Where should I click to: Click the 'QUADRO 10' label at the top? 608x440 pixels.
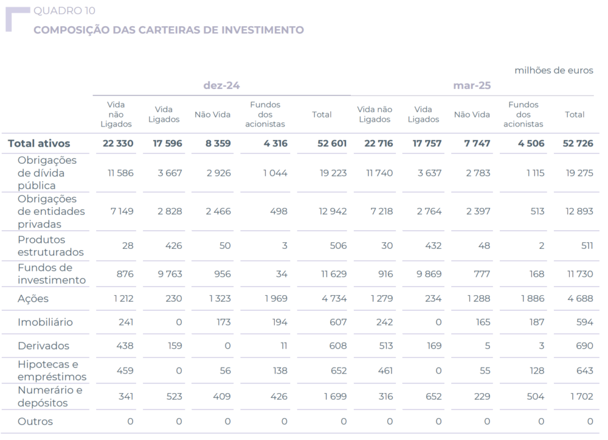(x=64, y=11)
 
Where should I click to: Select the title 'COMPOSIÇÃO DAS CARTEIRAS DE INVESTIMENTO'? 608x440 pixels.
(x=169, y=30)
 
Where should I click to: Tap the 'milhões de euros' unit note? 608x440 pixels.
(x=553, y=71)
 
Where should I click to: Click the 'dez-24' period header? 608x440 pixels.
(x=221, y=86)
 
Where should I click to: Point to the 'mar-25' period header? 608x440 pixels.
(x=472, y=86)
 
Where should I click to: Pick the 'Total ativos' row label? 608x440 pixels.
(x=39, y=143)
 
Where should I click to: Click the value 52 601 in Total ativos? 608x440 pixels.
(x=331, y=143)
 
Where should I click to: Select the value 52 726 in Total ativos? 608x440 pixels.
(x=578, y=143)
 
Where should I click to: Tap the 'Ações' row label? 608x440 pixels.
(x=33, y=299)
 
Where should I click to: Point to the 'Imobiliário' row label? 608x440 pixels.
(x=45, y=322)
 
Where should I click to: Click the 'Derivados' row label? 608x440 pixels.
(x=43, y=346)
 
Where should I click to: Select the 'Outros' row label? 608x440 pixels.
(x=35, y=422)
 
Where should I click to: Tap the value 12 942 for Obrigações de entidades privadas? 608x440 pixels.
(x=332, y=211)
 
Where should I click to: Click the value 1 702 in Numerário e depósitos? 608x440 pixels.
(x=580, y=396)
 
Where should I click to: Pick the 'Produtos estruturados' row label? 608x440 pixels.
(x=50, y=246)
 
